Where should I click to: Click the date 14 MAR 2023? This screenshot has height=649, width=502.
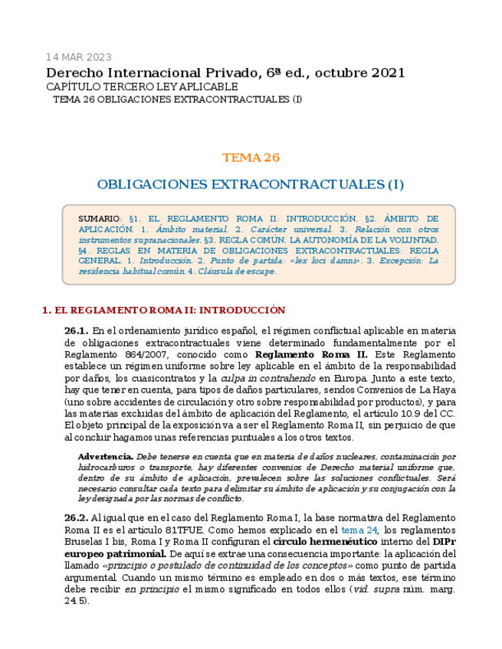[x=78, y=57]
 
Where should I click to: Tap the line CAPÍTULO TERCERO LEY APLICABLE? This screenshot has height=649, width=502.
[x=142, y=87]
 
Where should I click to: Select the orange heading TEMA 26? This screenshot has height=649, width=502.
[x=251, y=158]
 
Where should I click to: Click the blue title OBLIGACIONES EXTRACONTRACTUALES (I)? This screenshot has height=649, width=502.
[x=251, y=184]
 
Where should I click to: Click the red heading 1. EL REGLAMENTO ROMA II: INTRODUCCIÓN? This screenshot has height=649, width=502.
[x=162, y=310]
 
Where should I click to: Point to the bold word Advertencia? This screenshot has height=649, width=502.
[x=106, y=457]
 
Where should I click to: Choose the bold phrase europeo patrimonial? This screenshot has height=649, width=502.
[x=115, y=553]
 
